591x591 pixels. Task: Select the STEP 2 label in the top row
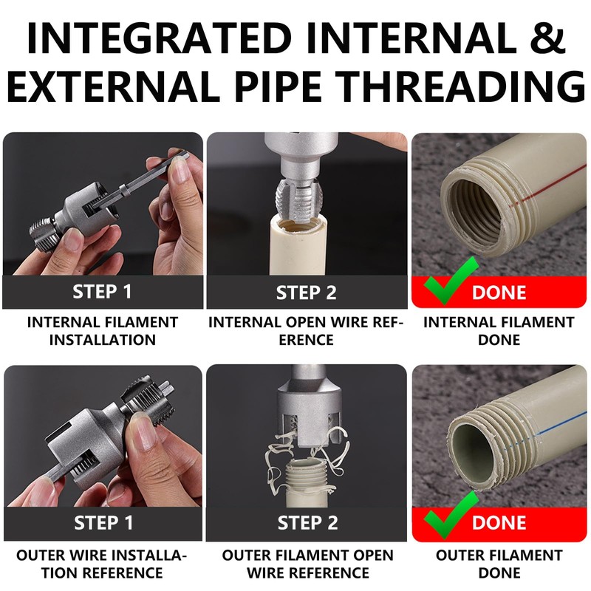[307, 293]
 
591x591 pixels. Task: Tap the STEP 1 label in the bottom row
[103, 523]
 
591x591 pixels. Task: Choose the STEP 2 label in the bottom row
[307, 523]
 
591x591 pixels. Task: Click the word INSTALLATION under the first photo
[103, 340]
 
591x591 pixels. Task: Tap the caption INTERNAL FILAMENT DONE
[498, 331]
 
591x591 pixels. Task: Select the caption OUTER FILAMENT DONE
[498, 564]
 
